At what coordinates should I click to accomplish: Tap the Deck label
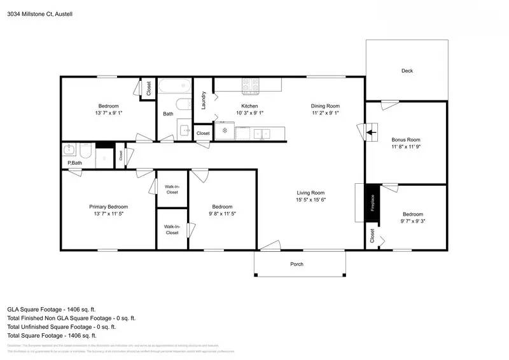(x=407, y=71)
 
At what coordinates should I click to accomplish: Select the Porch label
(x=296, y=264)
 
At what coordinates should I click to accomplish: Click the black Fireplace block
(x=373, y=204)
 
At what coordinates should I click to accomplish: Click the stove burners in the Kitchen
(x=249, y=84)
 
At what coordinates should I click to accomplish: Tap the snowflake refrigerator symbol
(x=224, y=131)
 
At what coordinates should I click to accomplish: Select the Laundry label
(x=204, y=100)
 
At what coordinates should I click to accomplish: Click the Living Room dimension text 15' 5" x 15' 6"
(x=310, y=200)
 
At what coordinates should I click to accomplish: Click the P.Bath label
(x=74, y=163)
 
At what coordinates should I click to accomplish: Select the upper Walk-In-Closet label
(x=172, y=188)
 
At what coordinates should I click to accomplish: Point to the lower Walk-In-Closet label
(x=172, y=230)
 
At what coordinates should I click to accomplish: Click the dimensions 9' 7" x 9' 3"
(x=412, y=222)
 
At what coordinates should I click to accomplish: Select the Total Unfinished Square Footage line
(x=60, y=326)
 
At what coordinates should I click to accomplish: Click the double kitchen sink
(x=261, y=133)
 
